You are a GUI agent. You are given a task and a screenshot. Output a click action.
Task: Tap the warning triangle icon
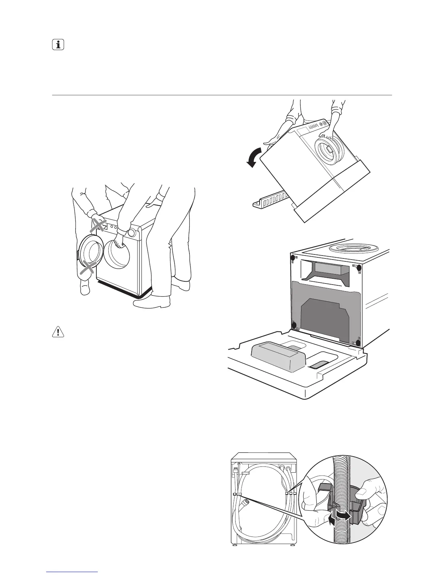tap(58, 332)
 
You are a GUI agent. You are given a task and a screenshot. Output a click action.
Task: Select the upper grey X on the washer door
tap(99, 225)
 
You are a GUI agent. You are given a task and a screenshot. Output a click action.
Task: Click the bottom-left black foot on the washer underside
tap(295, 325)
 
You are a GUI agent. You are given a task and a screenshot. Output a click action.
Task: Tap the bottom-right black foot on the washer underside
tap(358, 343)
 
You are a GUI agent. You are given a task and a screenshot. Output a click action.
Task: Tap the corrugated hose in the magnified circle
tap(340, 472)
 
